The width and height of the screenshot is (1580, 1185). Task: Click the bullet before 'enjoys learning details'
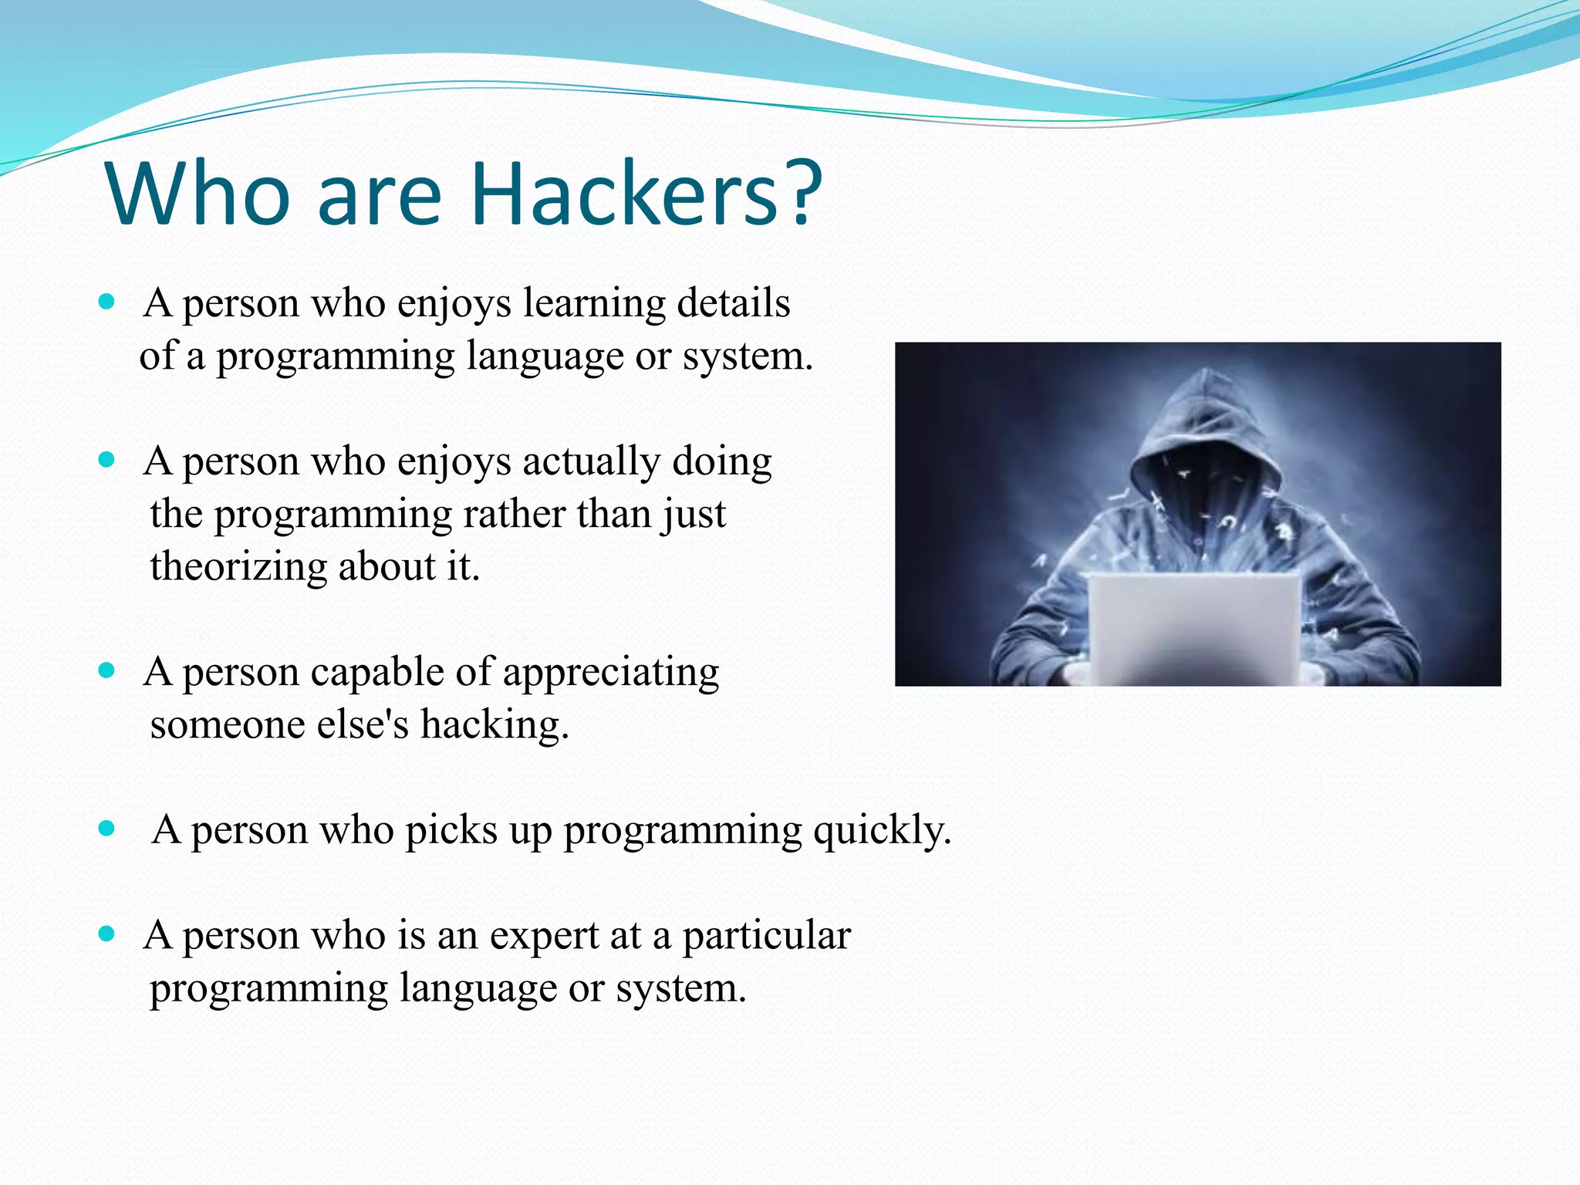point(107,302)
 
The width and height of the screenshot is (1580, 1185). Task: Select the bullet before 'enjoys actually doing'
point(107,461)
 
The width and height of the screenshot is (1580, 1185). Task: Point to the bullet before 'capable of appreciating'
point(107,670)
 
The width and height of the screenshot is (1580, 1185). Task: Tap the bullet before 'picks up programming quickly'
point(107,829)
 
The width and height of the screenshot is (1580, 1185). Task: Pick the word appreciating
point(611,673)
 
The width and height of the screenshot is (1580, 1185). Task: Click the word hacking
point(494,725)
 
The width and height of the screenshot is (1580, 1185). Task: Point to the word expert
point(544,937)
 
